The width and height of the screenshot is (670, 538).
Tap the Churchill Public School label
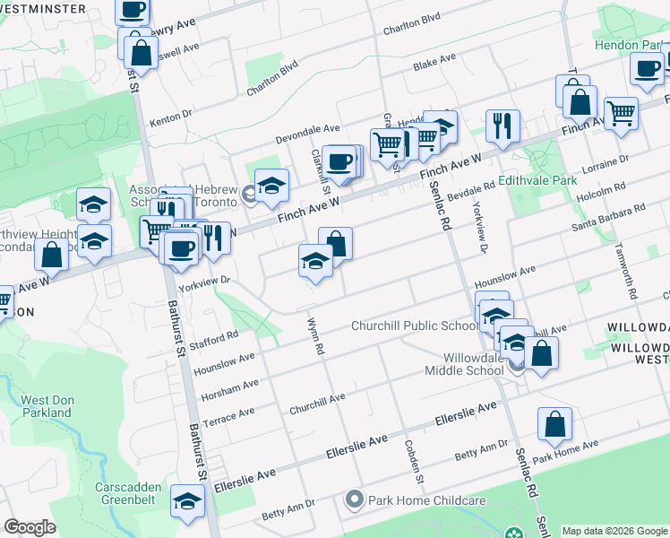pos(415,325)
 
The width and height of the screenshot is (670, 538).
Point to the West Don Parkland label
pos(47,406)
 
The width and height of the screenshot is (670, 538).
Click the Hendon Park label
pos(631,44)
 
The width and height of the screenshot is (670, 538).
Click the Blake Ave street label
pos(434,62)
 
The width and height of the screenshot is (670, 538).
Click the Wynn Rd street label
pos(314,337)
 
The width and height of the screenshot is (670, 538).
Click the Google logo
pos(30,527)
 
